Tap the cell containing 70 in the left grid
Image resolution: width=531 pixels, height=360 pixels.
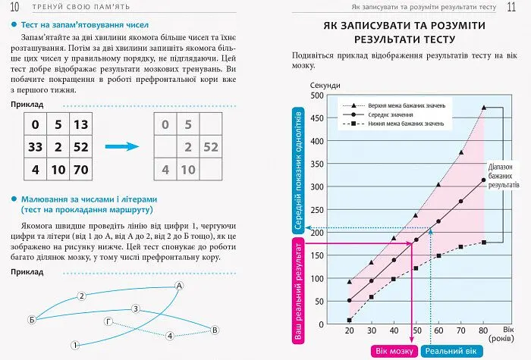(81, 169)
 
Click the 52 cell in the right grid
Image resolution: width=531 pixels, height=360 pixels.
(211, 147)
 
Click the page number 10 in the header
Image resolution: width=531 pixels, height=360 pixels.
(14, 8)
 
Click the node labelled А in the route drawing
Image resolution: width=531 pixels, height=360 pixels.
(179, 286)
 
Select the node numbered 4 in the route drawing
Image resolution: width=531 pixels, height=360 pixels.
(170, 335)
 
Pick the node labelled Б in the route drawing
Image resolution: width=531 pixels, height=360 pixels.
(31, 319)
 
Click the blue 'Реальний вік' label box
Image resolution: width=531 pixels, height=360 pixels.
(451, 351)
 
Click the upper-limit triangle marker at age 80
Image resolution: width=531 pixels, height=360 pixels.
(483, 108)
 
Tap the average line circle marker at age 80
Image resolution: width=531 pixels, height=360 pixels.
(483, 180)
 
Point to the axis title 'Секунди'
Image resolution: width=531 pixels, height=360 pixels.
(326, 84)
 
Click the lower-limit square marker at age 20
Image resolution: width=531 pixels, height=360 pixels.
(349, 320)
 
